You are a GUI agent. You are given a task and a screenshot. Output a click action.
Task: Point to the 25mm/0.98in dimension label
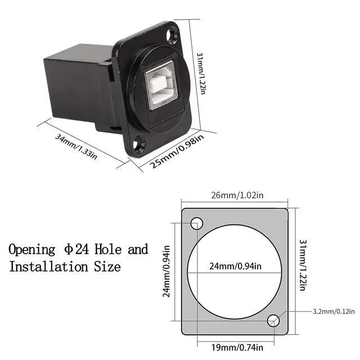(175, 150)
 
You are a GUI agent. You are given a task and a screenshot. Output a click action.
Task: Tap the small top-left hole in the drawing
(196, 223)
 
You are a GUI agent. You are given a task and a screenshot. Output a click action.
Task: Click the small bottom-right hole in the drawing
(273, 321)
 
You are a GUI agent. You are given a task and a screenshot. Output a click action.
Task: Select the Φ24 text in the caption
(76, 249)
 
